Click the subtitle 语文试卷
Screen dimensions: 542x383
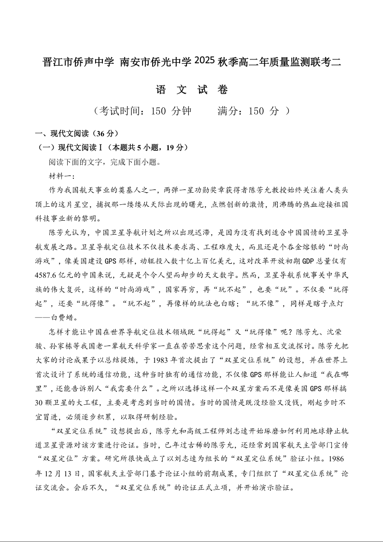pyautogui.click(x=192, y=89)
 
